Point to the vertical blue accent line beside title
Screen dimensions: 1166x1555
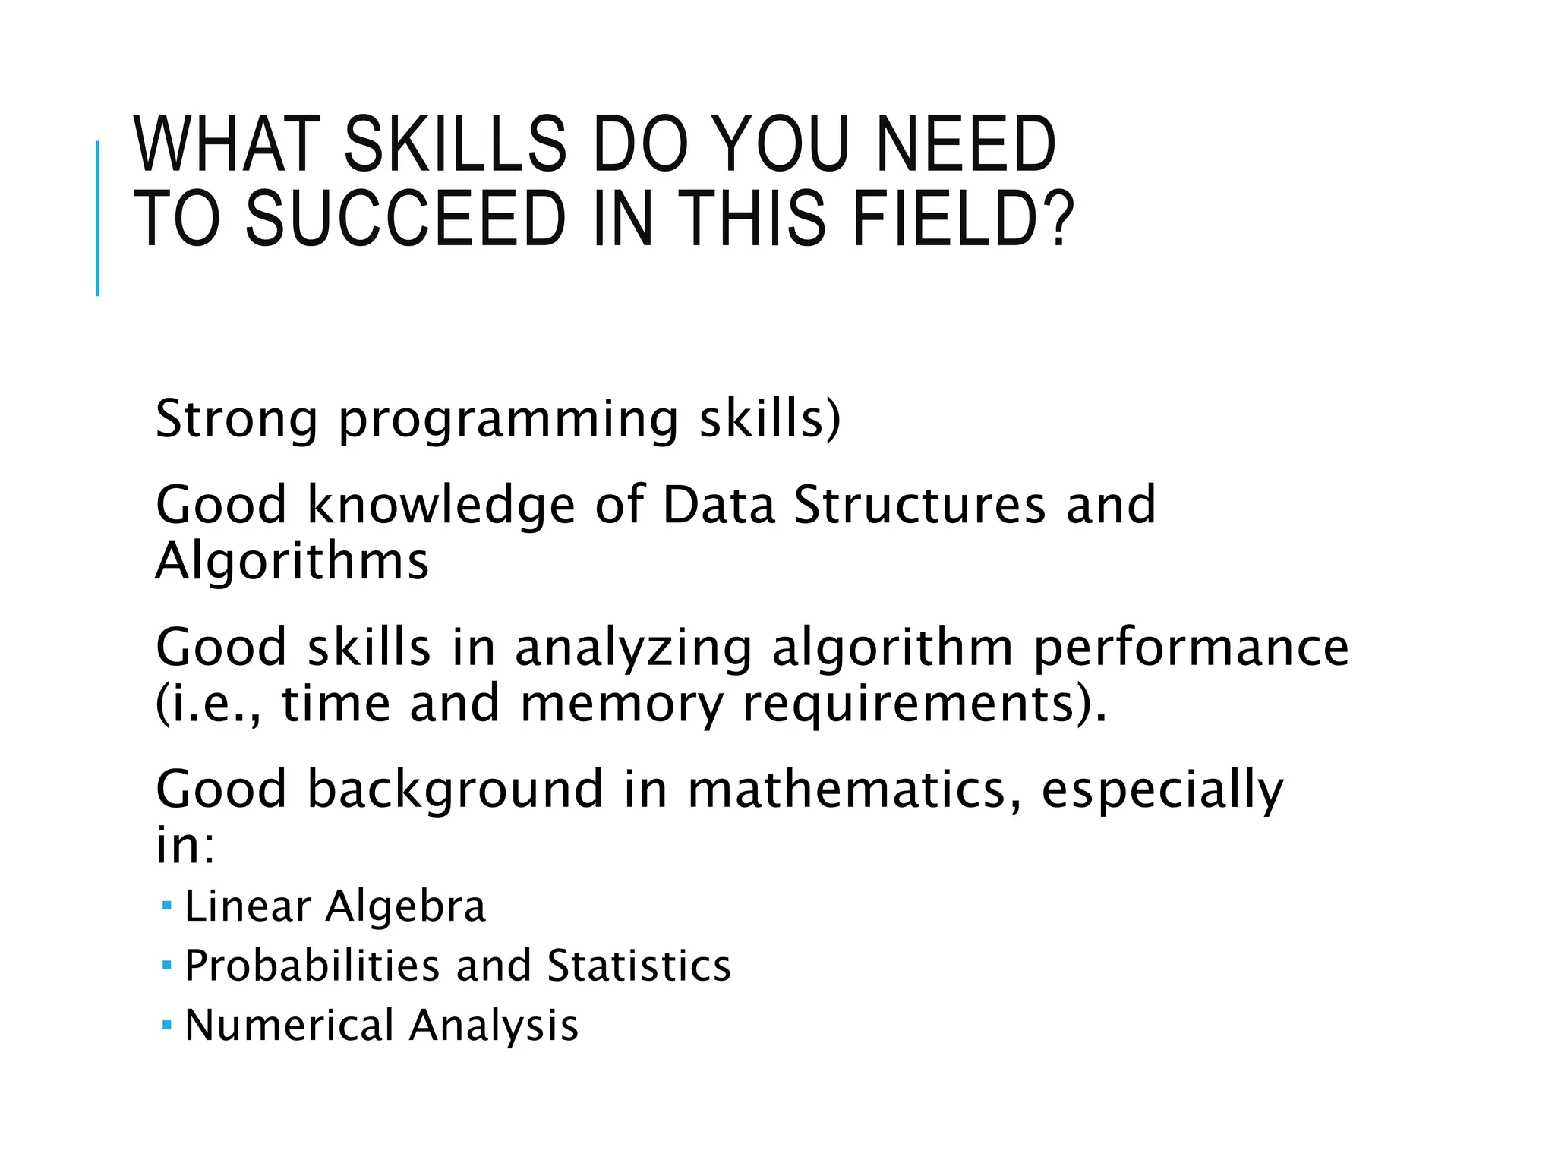coord(97,219)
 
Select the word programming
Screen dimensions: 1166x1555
coord(507,421)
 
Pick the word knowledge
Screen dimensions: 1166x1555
coord(440,507)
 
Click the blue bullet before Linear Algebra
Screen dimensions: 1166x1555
coord(167,905)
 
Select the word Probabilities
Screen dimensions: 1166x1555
coord(312,966)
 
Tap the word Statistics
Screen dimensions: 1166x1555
coord(639,966)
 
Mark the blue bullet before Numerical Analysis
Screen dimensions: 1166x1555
coord(167,1025)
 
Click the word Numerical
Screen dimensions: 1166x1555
coord(289,1025)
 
